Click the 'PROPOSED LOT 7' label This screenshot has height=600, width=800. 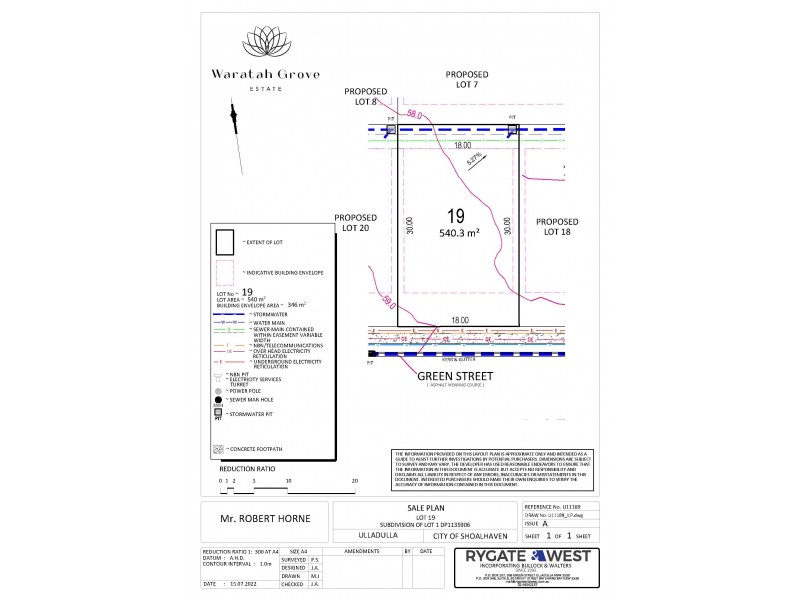pos(466,79)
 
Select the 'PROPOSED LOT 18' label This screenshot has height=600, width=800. pos(556,226)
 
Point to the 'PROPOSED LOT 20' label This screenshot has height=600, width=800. pos(356,222)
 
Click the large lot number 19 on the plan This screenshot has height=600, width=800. pos(457,216)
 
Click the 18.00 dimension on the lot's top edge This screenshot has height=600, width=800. pos(461,145)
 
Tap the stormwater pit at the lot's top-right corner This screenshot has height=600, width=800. pos(512,129)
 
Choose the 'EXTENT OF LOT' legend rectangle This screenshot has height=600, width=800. pos(224,243)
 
